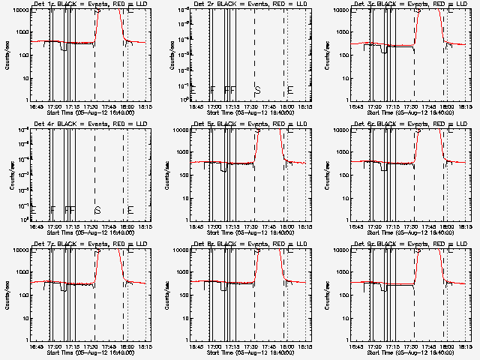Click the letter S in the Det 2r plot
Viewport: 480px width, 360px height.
pos(257,90)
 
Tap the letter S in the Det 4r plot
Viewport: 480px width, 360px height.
pos(97,210)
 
